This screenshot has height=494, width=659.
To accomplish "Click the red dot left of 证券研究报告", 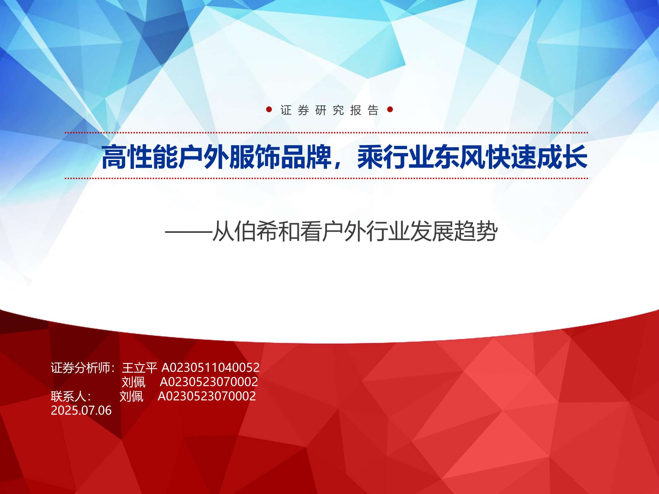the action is (269, 109).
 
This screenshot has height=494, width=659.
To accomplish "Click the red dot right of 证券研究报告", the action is (390, 109).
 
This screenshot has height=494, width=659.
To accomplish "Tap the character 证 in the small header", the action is (286, 110).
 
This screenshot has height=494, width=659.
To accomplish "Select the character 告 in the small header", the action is (373, 110).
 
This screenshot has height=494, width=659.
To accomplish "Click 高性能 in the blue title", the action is (140, 157).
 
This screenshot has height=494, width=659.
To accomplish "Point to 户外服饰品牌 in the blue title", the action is (255, 157).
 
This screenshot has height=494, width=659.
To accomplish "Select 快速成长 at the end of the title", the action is (536, 157).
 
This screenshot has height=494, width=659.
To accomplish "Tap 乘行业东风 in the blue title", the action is (421, 157).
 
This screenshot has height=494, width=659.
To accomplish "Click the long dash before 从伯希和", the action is (189, 232).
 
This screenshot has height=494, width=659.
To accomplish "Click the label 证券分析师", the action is (81, 368).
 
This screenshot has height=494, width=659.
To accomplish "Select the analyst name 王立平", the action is (139, 368).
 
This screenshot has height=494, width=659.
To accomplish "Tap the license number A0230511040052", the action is (211, 367).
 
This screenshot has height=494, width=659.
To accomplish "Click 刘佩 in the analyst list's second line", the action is (134, 382).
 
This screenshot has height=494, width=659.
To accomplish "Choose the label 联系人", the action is (69, 396).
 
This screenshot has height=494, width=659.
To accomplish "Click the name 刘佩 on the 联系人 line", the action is (131, 396).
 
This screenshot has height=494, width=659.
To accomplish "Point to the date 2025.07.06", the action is (81, 410).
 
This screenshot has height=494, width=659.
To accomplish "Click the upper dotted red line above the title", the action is (326, 133).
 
